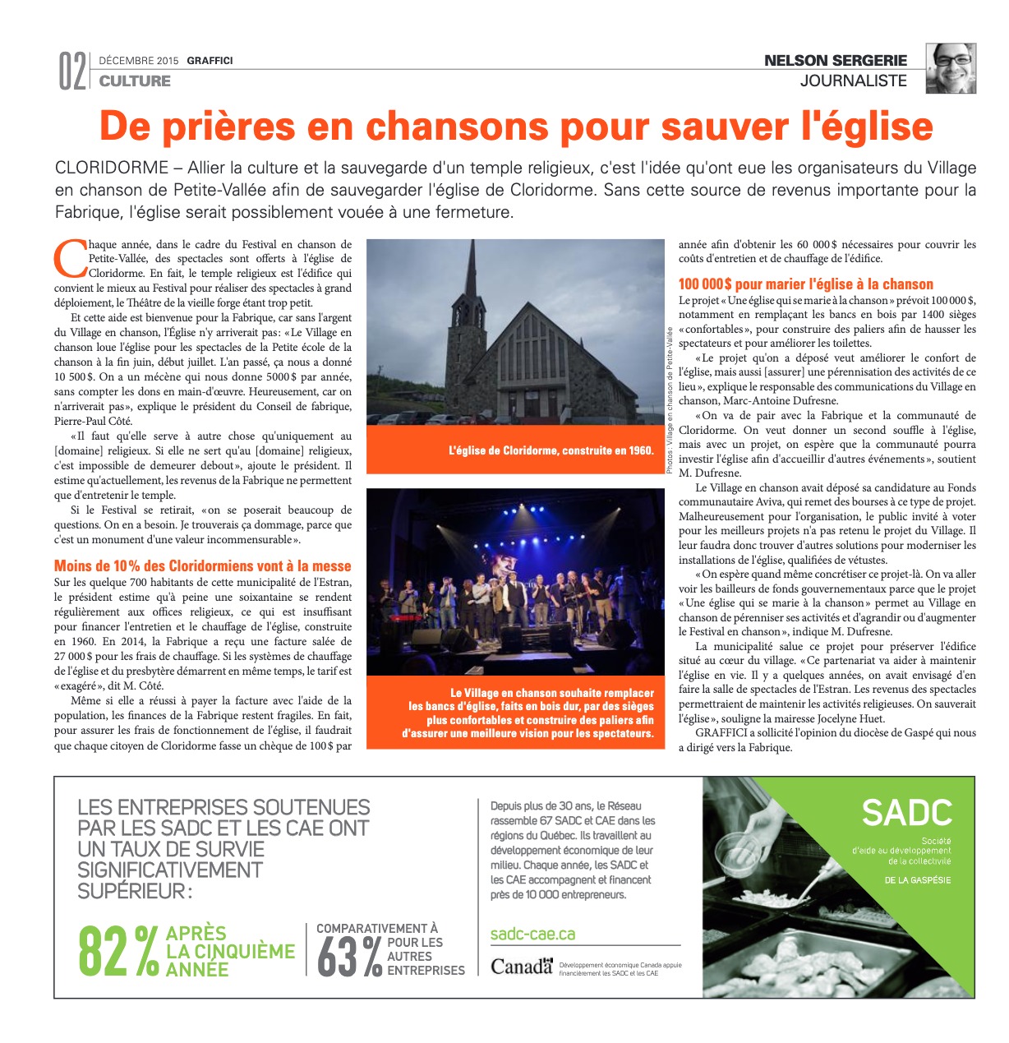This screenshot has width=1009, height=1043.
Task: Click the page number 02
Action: [x=72, y=72]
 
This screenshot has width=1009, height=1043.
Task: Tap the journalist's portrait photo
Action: [x=951, y=68]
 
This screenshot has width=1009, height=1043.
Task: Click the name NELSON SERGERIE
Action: [x=836, y=60]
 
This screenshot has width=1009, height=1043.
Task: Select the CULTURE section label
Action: [x=135, y=81]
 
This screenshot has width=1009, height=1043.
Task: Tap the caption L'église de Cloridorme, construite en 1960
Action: [x=551, y=450]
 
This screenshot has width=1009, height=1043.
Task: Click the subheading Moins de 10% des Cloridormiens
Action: [x=202, y=565]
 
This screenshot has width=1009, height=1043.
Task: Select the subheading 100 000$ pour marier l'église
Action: [x=805, y=284]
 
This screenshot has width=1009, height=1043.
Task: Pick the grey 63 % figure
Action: [x=348, y=957]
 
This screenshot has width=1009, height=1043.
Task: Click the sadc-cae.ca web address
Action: [x=532, y=934]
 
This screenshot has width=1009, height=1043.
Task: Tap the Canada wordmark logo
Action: [x=521, y=966]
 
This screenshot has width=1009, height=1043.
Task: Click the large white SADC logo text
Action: [x=906, y=813]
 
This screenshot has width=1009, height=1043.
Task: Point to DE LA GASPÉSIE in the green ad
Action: [x=917, y=880]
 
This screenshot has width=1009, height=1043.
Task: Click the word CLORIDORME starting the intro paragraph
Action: [x=111, y=168]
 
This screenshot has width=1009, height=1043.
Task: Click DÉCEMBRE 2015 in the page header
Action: [x=138, y=61]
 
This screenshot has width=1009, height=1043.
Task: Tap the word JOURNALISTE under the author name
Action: [x=853, y=81]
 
